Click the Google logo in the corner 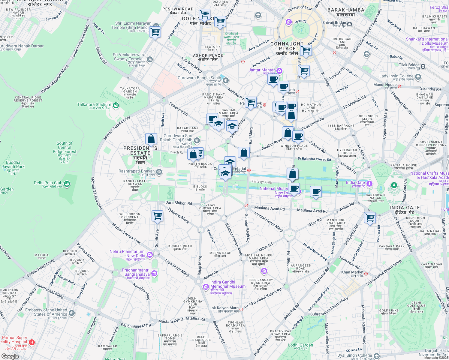(x=10, y=356)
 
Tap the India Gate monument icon (x=369, y=183)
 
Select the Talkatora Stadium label (x=94, y=105)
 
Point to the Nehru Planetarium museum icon (x=149, y=255)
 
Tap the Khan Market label (x=352, y=272)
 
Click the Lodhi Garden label (x=300, y=345)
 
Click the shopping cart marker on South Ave (x=157, y=215)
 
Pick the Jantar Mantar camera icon (x=279, y=70)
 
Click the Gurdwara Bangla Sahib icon (x=226, y=80)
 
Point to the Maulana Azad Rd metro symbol (x=246, y=205)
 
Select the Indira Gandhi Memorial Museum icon (x=206, y=287)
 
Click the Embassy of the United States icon (x=71, y=313)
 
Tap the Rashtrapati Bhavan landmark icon (x=159, y=172)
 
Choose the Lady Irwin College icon (x=418, y=77)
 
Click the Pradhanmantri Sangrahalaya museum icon (x=154, y=273)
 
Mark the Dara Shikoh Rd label (x=179, y=203)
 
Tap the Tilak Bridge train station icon (x=423, y=66)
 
